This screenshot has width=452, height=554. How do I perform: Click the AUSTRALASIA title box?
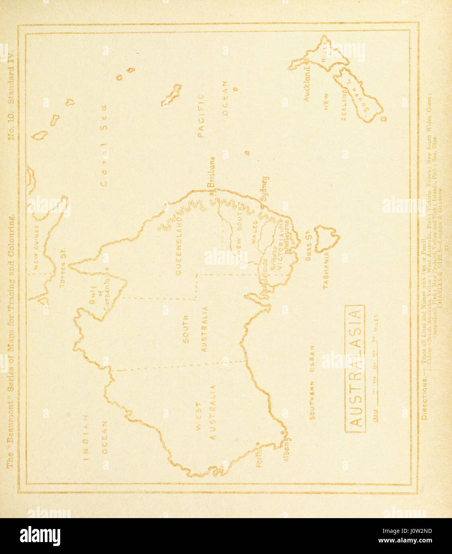pos(355,369)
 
